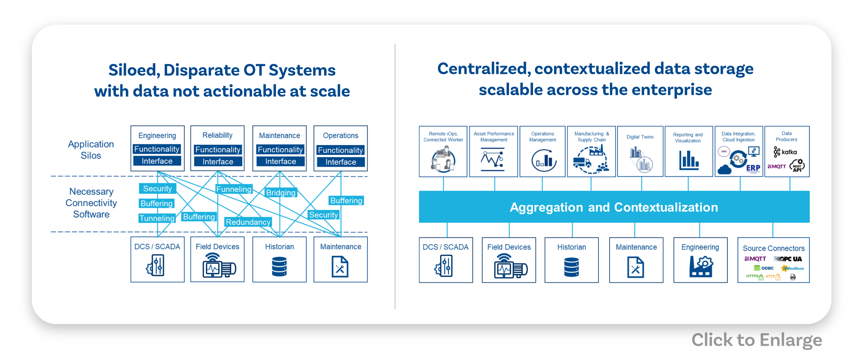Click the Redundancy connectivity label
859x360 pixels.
click(248, 222)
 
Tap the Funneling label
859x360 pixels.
click(234, 189)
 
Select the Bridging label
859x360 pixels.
click(281, 193)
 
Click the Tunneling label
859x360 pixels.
click(157, 218)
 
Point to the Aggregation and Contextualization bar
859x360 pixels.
click(614, 207)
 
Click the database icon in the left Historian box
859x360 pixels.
click(279, 267)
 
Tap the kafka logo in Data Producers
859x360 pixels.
click(785, 152)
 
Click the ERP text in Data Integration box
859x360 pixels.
click(753, 168)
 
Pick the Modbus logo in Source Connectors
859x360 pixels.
click(793, 268)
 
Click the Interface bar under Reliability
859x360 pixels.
click(218, 162)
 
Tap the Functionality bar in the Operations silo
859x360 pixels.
click(340, 150)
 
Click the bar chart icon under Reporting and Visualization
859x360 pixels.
click(689, 160)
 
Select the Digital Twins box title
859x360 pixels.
click(640, 137)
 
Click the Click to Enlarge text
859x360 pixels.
click(757, 340)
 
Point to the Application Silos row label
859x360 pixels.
click(91, 150)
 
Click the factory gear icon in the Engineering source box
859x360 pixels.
click(701, 267)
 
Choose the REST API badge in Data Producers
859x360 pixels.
click(797, 166)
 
